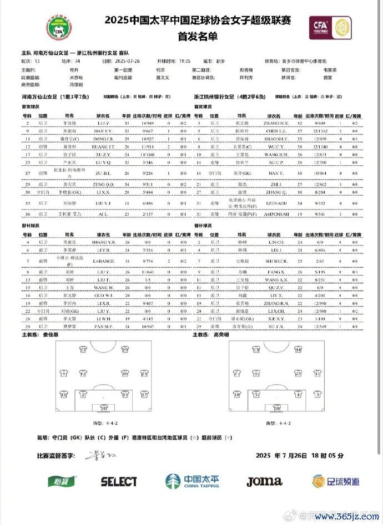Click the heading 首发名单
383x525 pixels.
pos(191,37)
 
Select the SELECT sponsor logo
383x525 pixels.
pos(119,481)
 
